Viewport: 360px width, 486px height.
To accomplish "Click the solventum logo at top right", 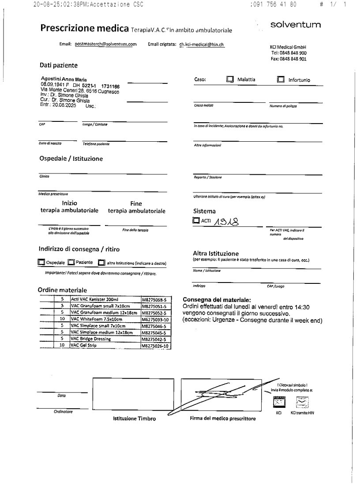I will pyautogui.click(x=296, y=25).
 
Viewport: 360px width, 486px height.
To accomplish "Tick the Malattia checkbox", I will pyautogui.click(x=229, y=79).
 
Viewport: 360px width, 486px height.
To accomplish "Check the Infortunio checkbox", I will pyautogui.click(x=281, y=79).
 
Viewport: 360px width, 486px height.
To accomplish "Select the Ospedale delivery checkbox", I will pyautogui.click(x=41, y=262).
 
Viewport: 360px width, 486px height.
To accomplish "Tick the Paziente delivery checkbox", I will pyautogui.click(x=71, y=262).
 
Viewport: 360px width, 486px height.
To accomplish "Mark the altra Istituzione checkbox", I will pyautogui.click(x=101, y=263).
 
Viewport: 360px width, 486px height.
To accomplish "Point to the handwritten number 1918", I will pyautogui.click(x=229, y=220).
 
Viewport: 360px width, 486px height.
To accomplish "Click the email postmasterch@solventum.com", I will pyautogui.click(x=105, y=44).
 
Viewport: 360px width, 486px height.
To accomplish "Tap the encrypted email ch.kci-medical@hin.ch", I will pyautogui.click(x=199, y=44).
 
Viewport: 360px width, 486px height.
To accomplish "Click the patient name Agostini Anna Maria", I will pyautogui.click(x=64, y=79).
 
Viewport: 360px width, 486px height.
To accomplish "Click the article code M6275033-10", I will pyautogui.click(x=156, y=318).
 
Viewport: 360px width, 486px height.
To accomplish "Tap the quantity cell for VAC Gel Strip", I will pyautogui.click(x=62, y=346).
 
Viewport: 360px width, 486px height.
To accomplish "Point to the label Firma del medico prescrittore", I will pyautogui.click(x=222, y=418).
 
